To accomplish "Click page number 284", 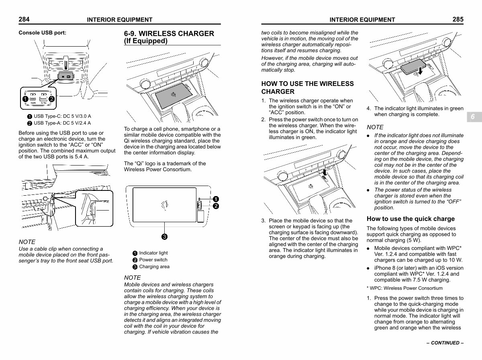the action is click(x=24, y=19).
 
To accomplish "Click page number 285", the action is click(x=458, y=19).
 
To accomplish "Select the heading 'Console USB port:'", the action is click(x=43, y=33).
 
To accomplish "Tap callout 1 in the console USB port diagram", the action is click(x=25, y=99).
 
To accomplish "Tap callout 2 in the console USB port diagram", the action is click(x=51, y=99).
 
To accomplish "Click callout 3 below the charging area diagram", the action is click(x=164, y=237).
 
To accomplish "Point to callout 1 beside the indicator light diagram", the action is click(x=216, y=199).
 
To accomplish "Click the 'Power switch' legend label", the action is click(x=153, y=260).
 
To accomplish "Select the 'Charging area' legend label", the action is click(x=154, y=267).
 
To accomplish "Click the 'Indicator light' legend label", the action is click(x=153, y=253).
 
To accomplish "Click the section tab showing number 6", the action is click(x=474, y=117).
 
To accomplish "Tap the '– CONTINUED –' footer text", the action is click(x=445, y=343).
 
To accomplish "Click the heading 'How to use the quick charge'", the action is click(x=411, y=219).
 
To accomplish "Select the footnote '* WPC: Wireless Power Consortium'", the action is click(x=404, y=288).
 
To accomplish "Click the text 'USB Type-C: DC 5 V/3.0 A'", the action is click(x=62, y=116).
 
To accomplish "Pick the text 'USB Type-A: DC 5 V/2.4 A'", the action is click(x=62, y=123).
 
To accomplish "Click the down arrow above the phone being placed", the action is click(x=420, y=71).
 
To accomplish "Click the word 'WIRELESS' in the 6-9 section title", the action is click(x=157, y=34).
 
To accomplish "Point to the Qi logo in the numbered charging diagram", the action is click(x=165, y=205).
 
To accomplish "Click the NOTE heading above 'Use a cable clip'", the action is click(x=27, y=242).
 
